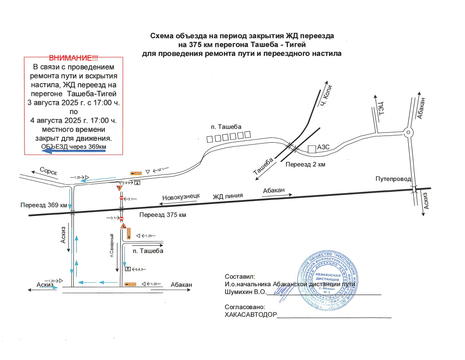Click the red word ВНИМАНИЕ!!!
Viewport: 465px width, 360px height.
73,58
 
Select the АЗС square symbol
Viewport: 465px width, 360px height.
312,149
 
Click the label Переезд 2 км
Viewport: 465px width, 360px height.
305,164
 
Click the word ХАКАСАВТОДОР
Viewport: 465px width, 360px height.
251,314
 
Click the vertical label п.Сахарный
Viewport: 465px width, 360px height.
112,246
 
